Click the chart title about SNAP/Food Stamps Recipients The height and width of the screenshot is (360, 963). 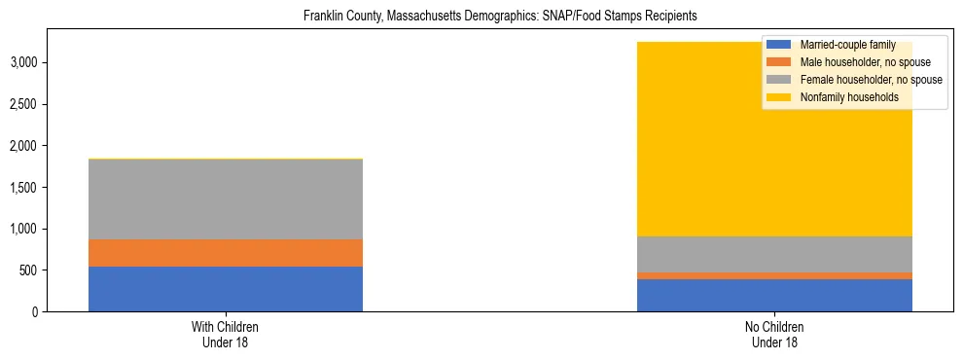501,17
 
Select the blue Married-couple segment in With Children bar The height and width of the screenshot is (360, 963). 226,289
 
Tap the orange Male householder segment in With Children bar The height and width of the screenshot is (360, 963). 226,253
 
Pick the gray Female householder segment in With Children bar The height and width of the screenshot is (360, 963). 226,199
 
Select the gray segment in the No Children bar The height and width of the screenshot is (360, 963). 774,254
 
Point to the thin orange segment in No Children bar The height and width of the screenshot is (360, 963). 774,275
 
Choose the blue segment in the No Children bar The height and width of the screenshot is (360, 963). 774,295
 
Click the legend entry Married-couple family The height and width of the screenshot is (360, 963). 847,45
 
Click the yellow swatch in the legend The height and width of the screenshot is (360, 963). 779,97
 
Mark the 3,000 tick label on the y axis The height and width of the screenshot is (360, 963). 21,62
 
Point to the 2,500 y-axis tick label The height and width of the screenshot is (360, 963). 21,104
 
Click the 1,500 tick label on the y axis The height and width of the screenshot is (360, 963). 21,188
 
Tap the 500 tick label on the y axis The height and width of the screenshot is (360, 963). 26,270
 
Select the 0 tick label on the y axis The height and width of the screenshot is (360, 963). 33,312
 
